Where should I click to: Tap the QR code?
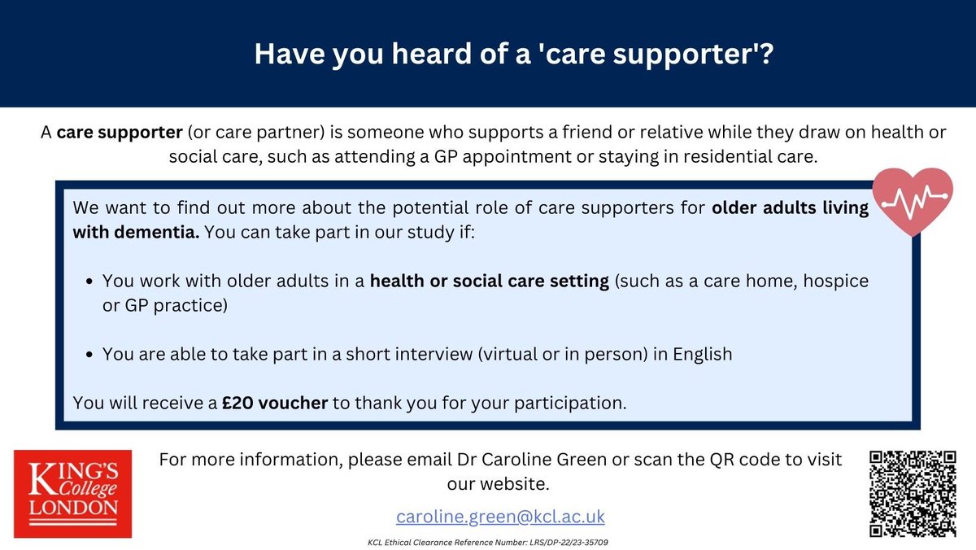coord(912,493)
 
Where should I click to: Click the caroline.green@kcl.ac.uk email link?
coord(500,517)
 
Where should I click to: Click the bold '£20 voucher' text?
coord(276,403)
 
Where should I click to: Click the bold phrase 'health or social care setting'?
coord(490,281)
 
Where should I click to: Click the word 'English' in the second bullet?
coord(703,354)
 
